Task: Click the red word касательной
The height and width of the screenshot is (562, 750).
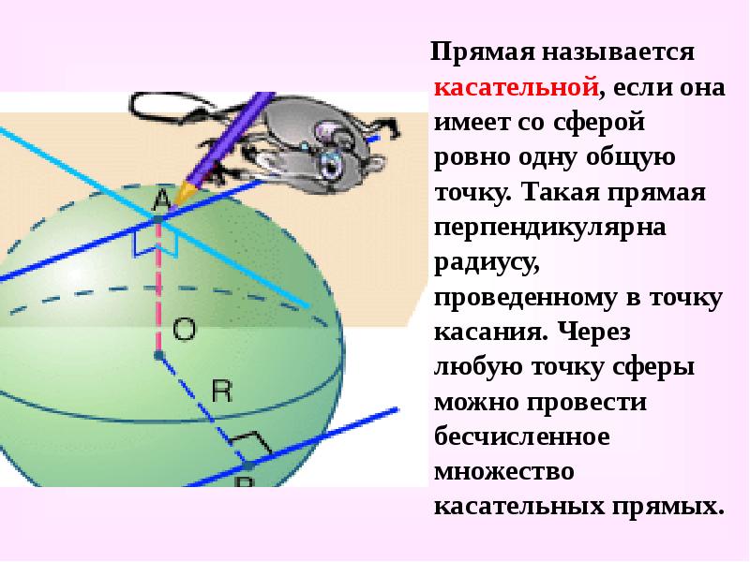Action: pos(516,88)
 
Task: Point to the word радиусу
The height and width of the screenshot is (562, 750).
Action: pos(485,263)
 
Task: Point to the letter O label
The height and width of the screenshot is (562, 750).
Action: pos(185,328)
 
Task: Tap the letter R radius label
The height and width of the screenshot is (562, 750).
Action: pos(221,391)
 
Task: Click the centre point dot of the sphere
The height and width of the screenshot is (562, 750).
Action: pos(158,356)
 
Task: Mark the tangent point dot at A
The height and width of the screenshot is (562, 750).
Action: pos(159,218)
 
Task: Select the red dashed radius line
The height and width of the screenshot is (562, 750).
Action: pos(158,290)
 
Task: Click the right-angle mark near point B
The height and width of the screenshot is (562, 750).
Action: pos(247,440)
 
